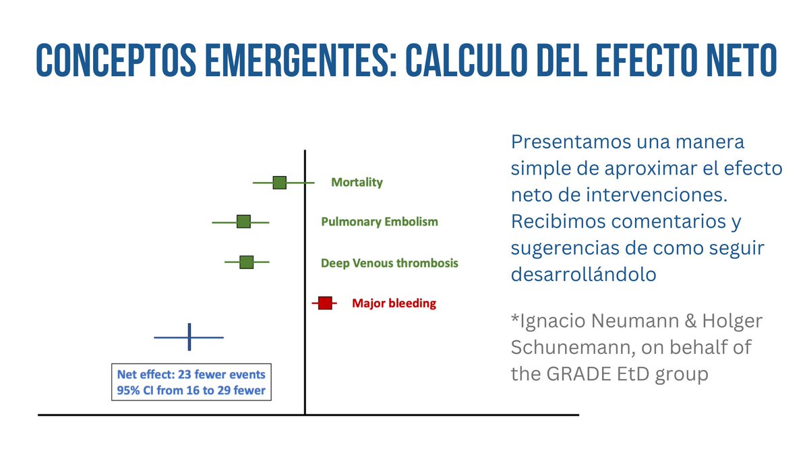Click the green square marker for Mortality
point(280,183)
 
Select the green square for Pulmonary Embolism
point(243,222)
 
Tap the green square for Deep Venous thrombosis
point(247,262)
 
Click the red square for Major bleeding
point(326,303)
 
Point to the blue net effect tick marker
point(189,337)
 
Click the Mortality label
point(357,183)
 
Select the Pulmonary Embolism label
point(380,222)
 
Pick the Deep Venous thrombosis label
point(389,263)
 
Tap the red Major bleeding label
point(394,303)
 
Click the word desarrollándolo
point(584,274)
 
